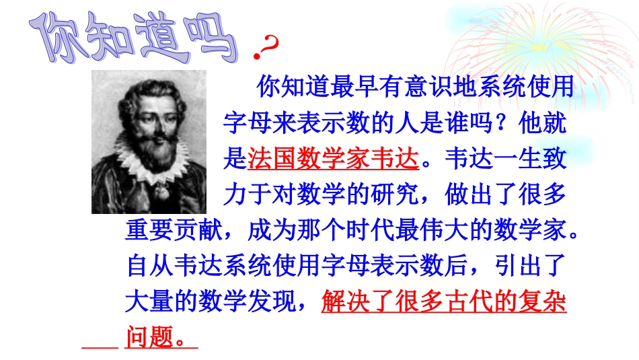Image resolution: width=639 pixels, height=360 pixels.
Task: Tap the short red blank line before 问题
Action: (x=100, y=347)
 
